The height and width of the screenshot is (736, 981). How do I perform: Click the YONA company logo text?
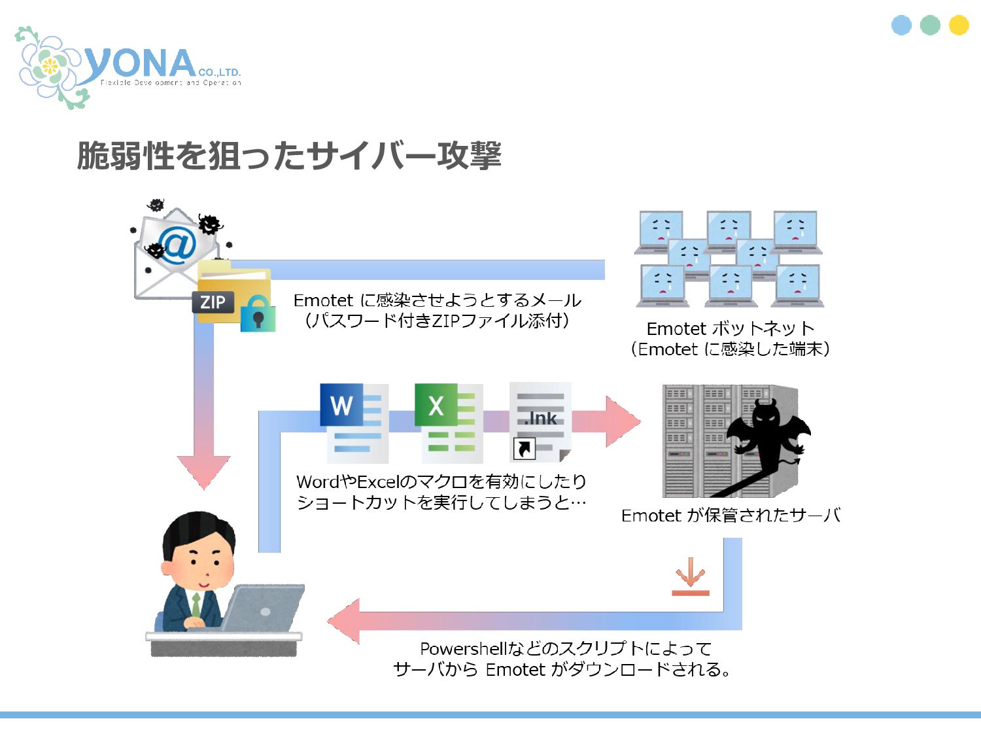tap(141, 64)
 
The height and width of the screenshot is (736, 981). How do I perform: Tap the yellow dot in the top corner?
tap(959, 25)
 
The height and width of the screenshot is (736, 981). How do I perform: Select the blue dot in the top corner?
tap(901, 25)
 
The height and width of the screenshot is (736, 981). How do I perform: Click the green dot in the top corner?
tap(930, 25)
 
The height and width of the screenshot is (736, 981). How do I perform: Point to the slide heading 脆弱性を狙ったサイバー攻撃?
tap(289, 156)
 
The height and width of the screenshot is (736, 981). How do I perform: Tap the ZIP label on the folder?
tap(213, 302)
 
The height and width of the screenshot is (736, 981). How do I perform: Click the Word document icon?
tap(354, 422)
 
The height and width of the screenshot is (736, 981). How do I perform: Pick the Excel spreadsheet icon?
tap(449, 422)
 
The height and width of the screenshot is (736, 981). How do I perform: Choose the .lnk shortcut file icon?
tap(541, 422)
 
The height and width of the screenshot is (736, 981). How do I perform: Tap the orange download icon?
tap(690, 577)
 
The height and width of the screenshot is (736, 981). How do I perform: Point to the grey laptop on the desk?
tap(265, 608)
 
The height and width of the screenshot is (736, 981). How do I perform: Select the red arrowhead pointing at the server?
tap(621, 421)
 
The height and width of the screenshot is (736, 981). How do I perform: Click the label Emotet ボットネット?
tap(730, 328)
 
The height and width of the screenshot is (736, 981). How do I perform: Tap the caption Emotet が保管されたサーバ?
tap(730, 516)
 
